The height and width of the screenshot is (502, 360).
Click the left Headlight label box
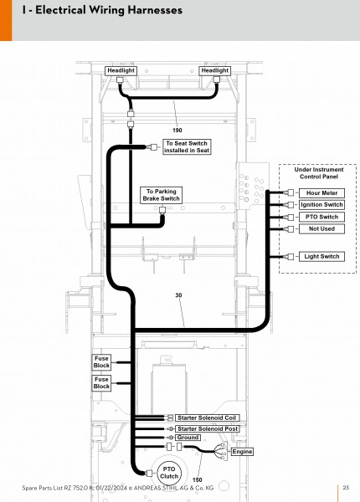point(121,71)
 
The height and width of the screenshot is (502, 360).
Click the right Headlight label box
point(215,71)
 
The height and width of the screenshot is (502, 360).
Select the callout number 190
point(177,131)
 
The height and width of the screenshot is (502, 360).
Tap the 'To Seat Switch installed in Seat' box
point(187,147)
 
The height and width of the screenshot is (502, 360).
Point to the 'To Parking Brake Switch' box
point(161,195)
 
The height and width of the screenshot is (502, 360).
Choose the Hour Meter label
point(321,193)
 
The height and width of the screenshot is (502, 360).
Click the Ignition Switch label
point(321,205)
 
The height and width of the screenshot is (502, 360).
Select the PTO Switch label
point(321,217)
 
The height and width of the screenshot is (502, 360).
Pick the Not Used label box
point(321,229)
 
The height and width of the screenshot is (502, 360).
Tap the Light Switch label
point(321,257)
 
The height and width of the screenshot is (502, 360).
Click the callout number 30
point(178,295)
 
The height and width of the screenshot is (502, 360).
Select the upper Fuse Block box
point(101,362)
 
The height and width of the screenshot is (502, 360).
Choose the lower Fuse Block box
point(101,383)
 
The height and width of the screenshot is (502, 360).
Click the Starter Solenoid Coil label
point(207,417)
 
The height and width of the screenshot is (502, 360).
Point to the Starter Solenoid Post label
point(208,428)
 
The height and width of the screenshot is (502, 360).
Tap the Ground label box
point(188,438)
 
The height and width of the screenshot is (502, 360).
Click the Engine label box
point(242,452)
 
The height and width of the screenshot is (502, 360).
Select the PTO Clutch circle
point(169,473)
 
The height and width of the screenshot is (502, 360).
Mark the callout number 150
point(198,480)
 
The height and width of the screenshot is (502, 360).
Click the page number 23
point(346,488)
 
